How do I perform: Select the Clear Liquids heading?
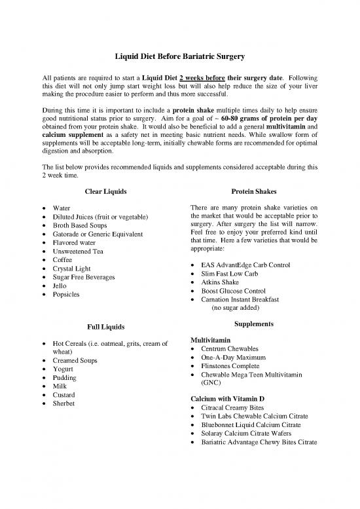(105, 191)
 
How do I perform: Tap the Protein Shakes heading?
(255, 191)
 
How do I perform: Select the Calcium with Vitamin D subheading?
(227, 399)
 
